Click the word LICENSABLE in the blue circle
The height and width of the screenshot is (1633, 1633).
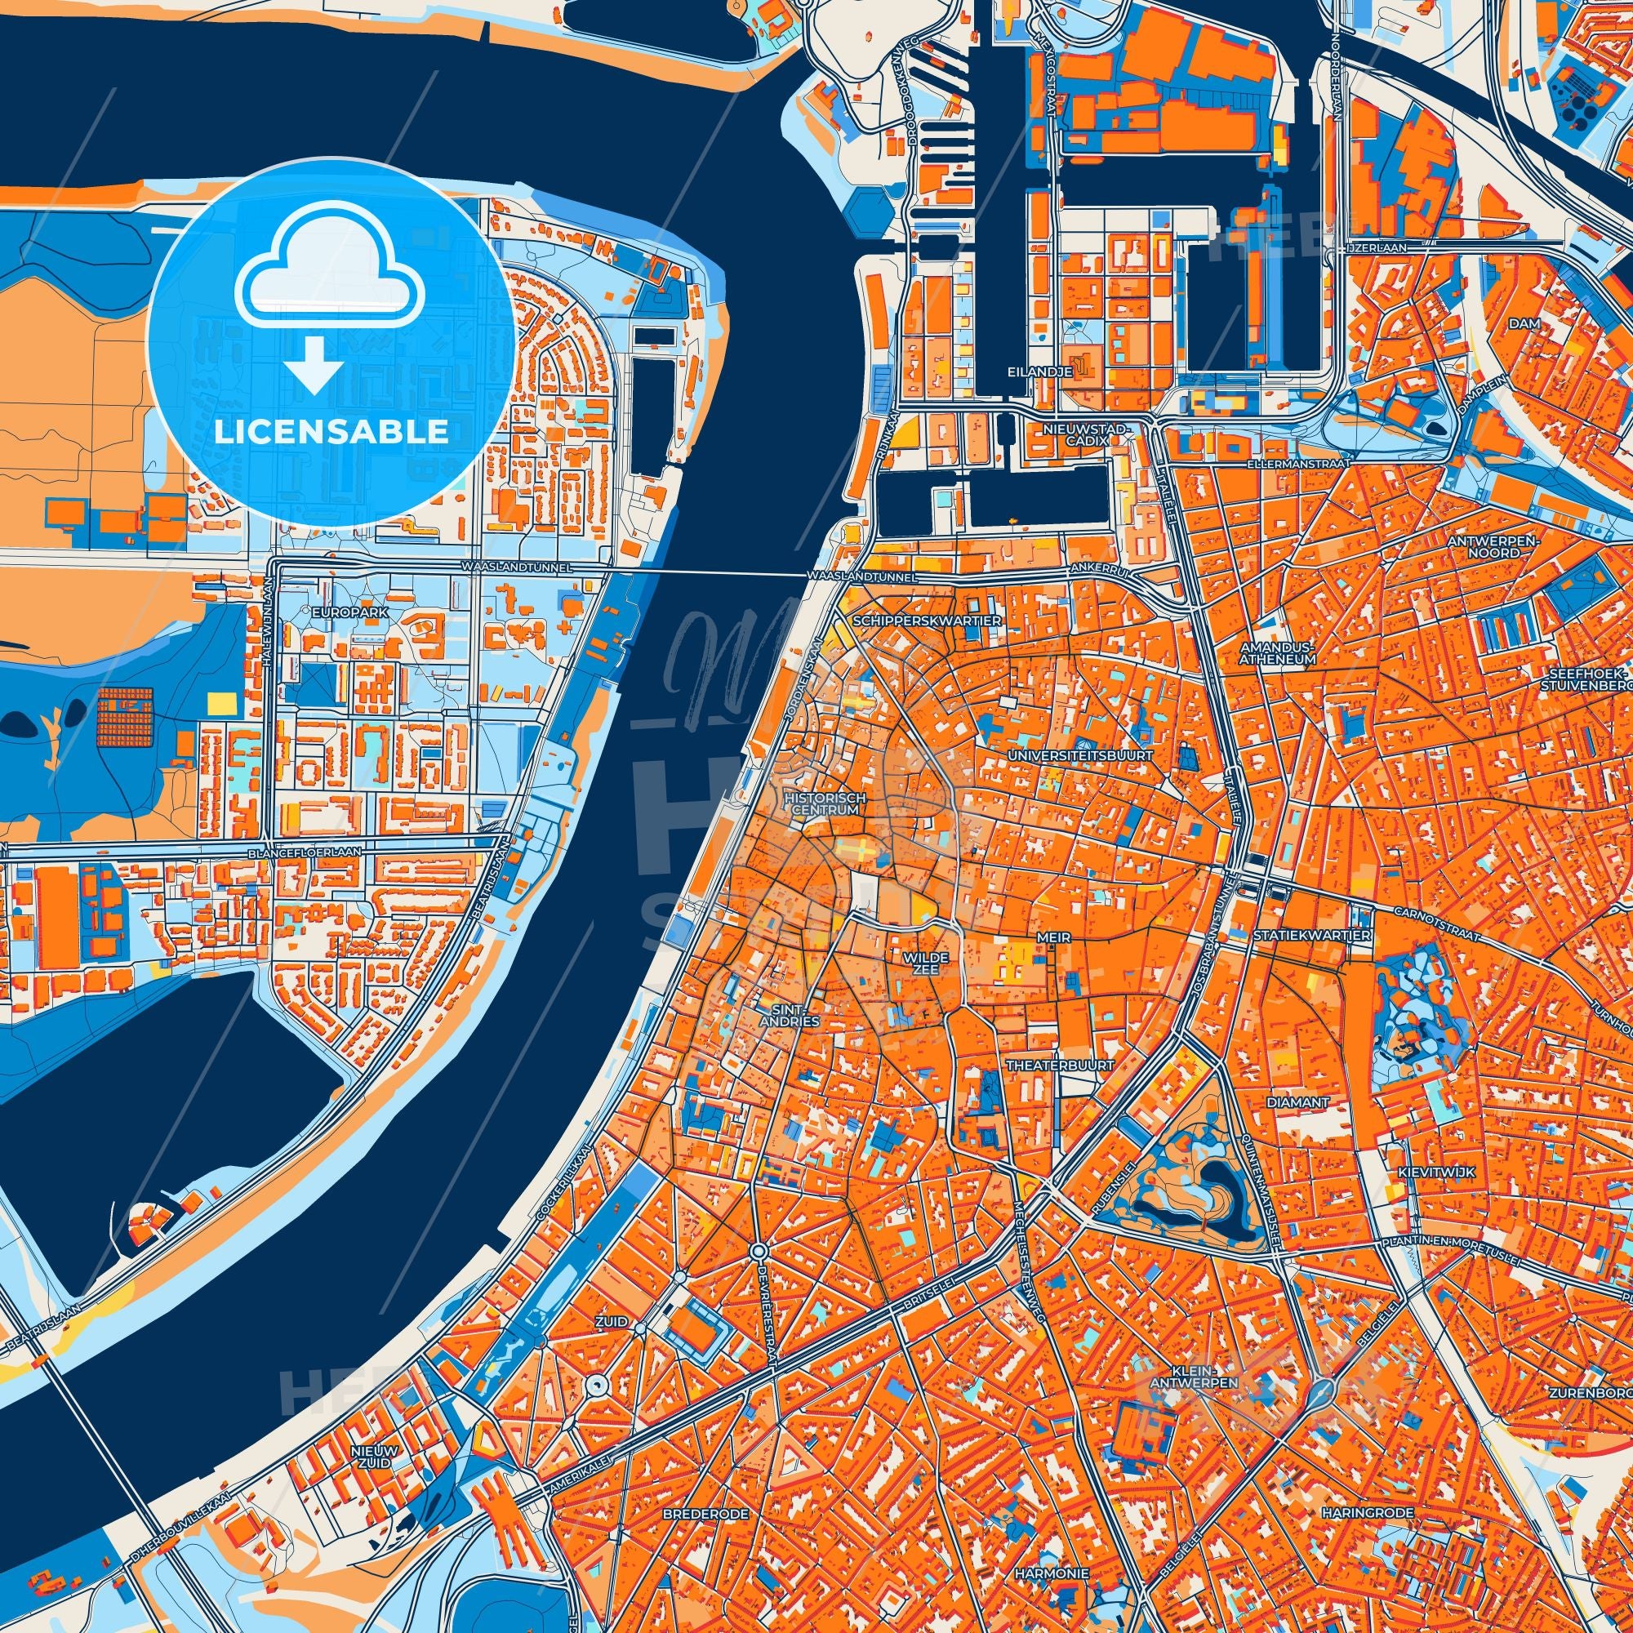[331, 432]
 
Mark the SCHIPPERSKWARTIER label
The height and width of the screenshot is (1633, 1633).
[928, 621]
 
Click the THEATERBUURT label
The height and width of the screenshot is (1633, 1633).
[1060, 1066]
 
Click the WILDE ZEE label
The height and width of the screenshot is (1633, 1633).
[927, 963]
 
